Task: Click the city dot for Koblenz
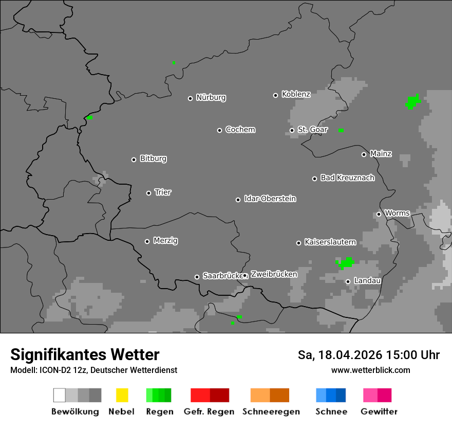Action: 275,95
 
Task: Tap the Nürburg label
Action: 211,97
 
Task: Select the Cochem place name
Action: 240,130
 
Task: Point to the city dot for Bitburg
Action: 134,159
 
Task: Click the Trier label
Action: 163,192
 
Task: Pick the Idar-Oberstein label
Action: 270,199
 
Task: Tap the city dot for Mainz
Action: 364,154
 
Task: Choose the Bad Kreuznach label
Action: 347,178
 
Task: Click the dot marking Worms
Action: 379,214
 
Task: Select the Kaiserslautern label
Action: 330,242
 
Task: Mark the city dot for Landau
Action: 348,281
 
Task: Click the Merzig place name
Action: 165,240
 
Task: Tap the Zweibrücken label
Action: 274,274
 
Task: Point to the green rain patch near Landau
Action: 346,263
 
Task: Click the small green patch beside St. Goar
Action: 341,130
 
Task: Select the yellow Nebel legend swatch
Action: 122,395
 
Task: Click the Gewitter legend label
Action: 379,412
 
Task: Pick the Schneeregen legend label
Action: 271,412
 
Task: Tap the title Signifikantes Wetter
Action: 85,355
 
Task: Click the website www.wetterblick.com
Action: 370,370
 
